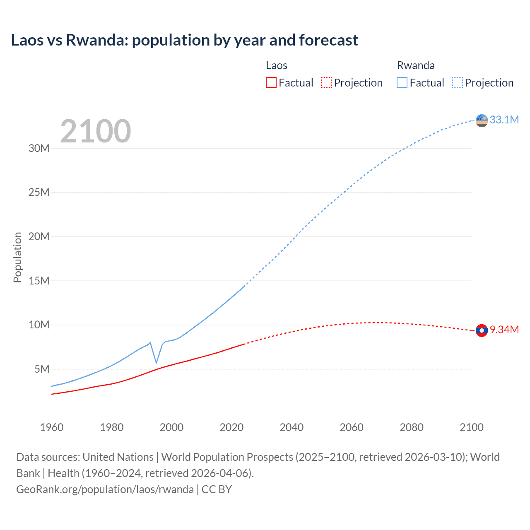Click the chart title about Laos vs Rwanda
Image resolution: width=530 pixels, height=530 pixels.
[184, 40]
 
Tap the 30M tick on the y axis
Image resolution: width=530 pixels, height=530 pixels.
[39, 148]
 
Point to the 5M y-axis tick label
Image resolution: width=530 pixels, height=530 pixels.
[42, 369]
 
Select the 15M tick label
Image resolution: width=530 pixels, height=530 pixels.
[39, 281]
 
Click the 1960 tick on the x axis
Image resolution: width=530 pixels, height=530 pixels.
[52, 427]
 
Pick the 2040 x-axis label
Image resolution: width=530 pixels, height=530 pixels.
[291, 427]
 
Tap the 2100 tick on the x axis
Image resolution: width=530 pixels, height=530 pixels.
[471, 427]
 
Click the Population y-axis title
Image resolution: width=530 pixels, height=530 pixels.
[17, 257]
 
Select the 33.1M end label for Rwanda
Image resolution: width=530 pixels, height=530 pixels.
[504, 120]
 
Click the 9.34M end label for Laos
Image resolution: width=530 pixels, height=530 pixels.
[504, 330]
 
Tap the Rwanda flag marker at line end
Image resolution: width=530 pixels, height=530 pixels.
[482, 120]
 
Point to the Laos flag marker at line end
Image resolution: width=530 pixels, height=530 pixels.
[482, 330]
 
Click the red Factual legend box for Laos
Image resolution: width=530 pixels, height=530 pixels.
[271, 82]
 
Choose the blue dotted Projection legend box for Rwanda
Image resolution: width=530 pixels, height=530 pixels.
[457, 82]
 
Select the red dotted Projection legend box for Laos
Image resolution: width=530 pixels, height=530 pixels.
[326, 82]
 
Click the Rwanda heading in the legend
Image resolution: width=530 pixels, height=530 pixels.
[416, 65]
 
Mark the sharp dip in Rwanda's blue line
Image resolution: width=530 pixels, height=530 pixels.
[157, 363]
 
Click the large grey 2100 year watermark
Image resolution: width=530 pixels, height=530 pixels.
[96, 131]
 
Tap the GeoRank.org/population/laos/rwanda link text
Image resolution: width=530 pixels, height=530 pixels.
[105, 489]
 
